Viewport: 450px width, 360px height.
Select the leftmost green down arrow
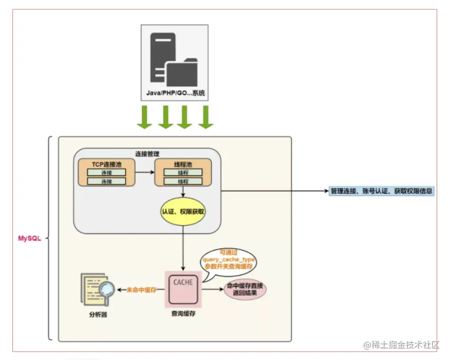144,117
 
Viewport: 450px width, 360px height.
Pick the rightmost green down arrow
205,117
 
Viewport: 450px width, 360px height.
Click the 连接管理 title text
147,154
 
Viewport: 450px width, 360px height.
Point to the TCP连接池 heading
106,163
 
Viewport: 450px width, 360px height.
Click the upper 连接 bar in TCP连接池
106,172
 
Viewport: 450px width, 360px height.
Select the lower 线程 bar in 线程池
183,181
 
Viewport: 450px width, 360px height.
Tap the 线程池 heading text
183,163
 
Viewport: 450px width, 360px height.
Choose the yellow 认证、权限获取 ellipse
183,210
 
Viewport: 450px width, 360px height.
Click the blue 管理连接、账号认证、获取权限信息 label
382,191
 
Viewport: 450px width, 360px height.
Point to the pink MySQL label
30,238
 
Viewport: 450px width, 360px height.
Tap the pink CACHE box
183,288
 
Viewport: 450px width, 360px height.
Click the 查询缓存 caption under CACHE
183,314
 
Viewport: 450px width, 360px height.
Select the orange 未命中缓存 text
142,289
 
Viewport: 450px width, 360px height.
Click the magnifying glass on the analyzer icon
107,289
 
